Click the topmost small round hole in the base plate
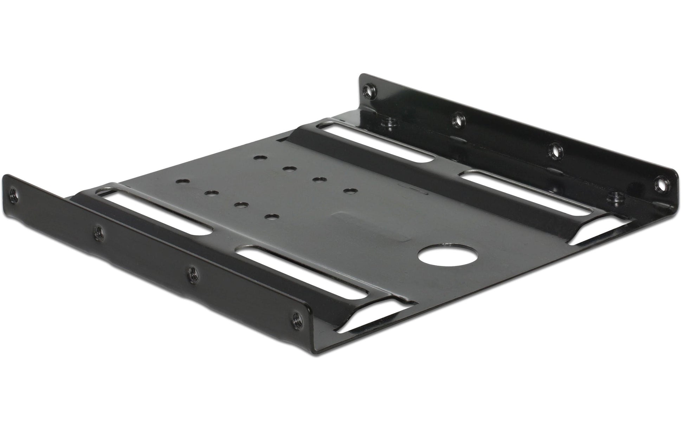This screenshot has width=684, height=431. (x=260, y=159)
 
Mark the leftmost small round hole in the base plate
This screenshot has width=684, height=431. (x=181, y=182)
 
